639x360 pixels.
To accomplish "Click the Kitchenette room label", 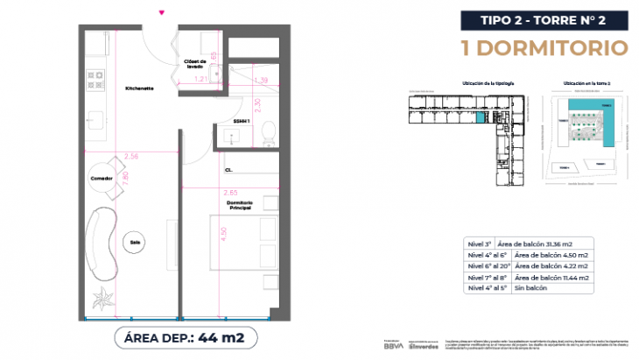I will coord(139,88).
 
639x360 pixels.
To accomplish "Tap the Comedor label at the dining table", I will coord(102,179).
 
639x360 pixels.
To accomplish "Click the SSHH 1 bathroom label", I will coord(242,121).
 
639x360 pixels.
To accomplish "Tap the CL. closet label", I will coord(228,170).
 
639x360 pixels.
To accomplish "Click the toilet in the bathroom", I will coord(270,133).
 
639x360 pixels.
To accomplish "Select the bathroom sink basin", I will coord(234,136).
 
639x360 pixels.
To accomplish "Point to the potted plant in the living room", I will coord(105,297).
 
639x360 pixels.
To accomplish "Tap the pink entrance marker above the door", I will coord(160,12).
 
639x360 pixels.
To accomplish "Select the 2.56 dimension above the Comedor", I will coord(132,156).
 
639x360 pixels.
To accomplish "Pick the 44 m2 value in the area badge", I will coord(220,335).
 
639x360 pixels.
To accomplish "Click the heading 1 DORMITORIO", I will coord(544,46).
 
